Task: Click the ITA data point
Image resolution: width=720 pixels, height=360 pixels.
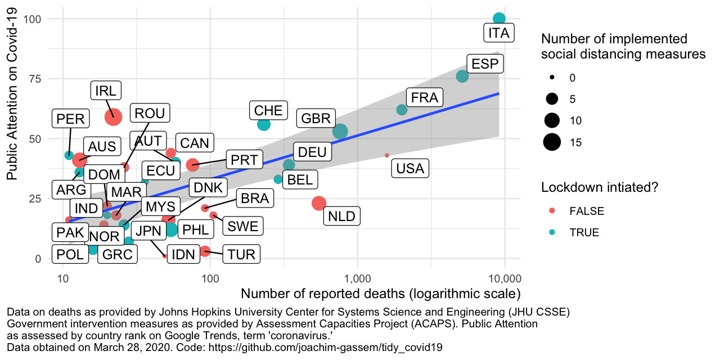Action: pyautogui.click(x=499, y=19)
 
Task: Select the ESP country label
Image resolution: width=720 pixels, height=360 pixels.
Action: pyautogui.click(x=485, y=64)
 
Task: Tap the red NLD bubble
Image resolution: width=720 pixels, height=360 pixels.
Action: pyautogui.click(x=319, y=203)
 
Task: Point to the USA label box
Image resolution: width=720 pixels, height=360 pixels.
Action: pyautogui.click(x=410, y=168)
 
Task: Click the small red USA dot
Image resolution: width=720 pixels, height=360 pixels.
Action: pyautogui.click(x=387, y=155)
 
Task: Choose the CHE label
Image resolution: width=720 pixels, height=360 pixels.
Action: pyautogui.click(x=268, y=110)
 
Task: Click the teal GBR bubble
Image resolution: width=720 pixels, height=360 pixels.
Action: pyautogui.click(x=340, y=131)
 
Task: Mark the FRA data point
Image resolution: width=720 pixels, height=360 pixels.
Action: pyautogui.click(x=402, y=110)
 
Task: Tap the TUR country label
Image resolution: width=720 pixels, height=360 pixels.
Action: pyautogui.click(x=242, y=254)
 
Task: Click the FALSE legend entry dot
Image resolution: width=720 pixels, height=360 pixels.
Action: pyautogui.click(x=552, y=211)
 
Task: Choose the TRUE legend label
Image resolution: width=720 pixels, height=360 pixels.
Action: pyautogui.click(x=584, y=232)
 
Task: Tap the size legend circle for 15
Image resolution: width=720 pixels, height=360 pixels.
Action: pyautogui.click(x=552, y=143)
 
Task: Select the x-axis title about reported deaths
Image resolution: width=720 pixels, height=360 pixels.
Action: pyautogui.click(x=380, y=294)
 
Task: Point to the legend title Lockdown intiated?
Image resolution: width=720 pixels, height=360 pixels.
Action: pyautogui.click(x=600, y=187)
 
